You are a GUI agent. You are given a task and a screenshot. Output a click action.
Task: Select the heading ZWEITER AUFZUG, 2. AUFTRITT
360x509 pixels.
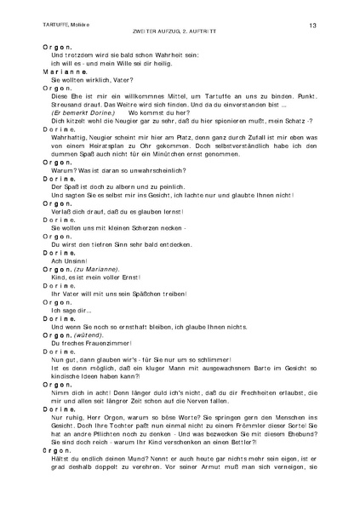point(180,34)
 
